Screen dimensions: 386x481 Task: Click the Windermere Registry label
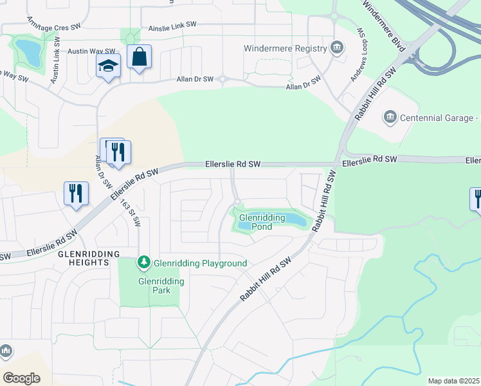point(285,48)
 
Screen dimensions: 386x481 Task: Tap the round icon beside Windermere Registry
point(336,48)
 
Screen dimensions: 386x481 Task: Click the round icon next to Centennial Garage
point(389,118)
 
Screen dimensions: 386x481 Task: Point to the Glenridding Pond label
point(262,222)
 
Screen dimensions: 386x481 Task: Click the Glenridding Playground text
point(200,263)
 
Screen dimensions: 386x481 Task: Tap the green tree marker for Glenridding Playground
point(144,262)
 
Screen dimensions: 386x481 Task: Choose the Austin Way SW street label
point(91,51)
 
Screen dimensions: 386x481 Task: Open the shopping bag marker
point(139,59)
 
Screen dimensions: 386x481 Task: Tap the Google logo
point(21,378)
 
